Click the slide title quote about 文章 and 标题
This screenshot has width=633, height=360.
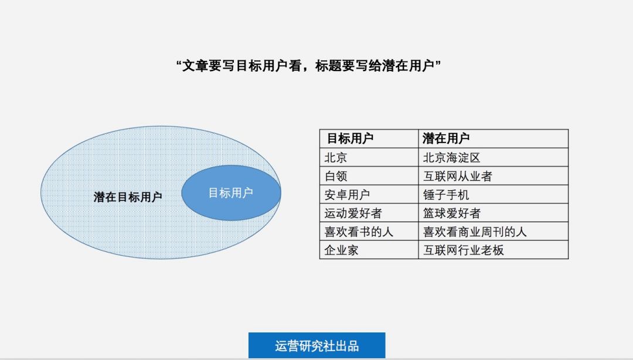pyautogui.click(x=308, y=66)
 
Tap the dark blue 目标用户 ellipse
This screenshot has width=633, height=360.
pyautogui.click(x=231, y=193)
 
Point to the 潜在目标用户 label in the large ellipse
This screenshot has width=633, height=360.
pyautogui.click(x=128, y=197)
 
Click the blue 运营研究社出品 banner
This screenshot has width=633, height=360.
pyautogui.click(x=317, y=345)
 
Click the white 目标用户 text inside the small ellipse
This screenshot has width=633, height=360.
pyautogui.click(x=230, y=193)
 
